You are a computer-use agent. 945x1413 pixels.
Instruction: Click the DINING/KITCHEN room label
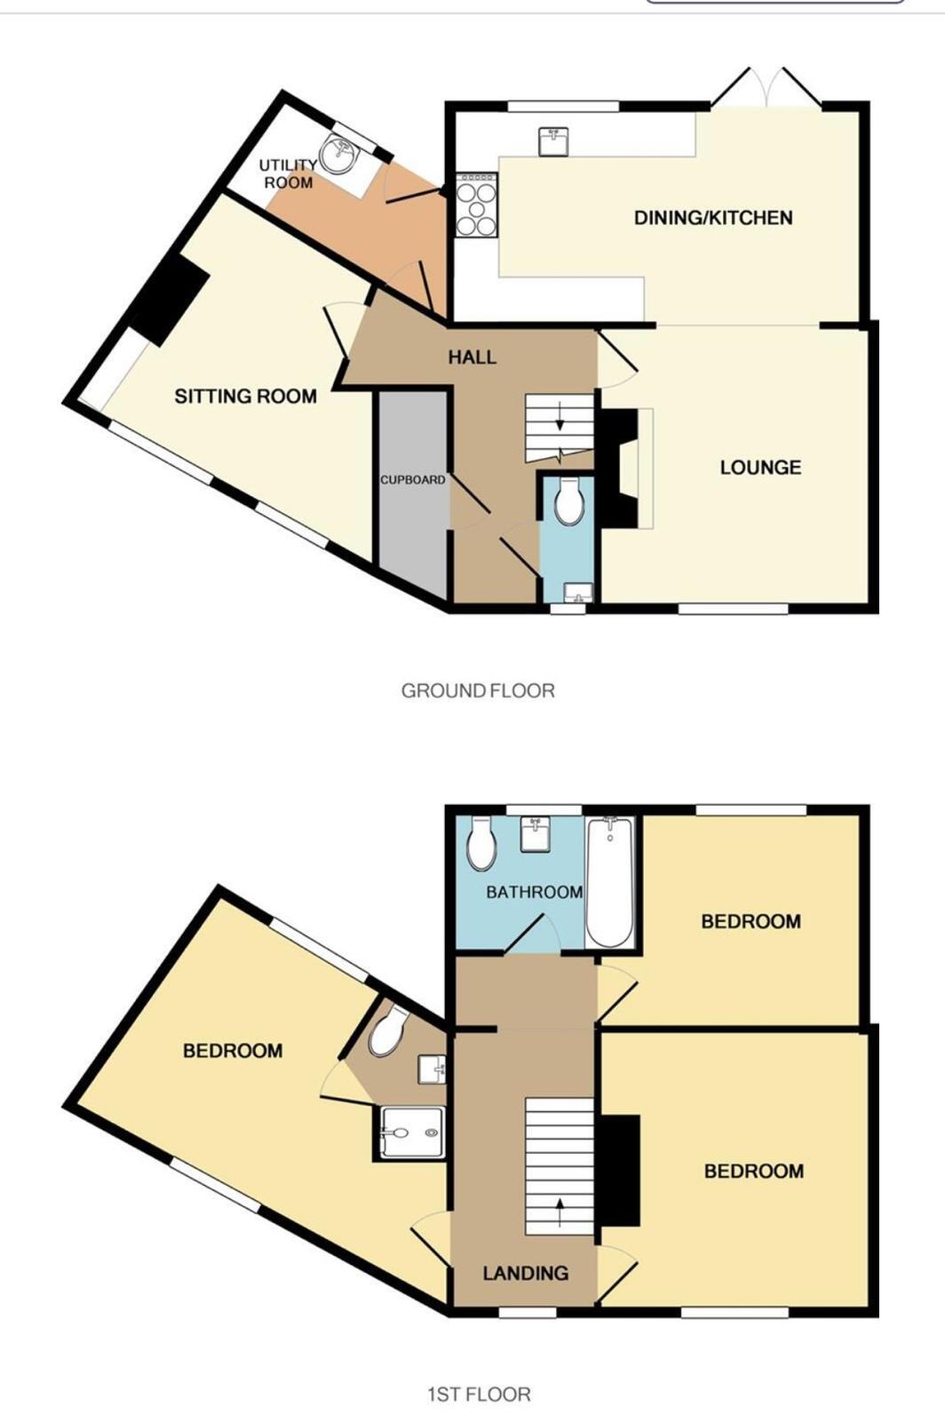pyautogui.click(x=712, y=217)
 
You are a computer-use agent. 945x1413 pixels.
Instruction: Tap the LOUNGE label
pyautogui.click(x=760, y=468)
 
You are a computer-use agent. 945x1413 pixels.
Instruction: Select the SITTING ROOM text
pyautogui.click(x=245, y=396)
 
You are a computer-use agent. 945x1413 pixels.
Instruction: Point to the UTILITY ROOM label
pyautogui.click(x=288, y=174)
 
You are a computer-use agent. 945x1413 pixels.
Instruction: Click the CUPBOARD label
pyautogui.click(x=413, y=480)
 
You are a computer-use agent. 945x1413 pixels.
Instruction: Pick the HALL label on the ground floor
pyautogui.click(x=472, y=357)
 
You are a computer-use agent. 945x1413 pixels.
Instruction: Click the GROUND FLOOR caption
pyautogui.click(x=478, y=691)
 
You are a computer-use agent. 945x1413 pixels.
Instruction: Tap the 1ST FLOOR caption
pyautogui.click(x=479, y=1394)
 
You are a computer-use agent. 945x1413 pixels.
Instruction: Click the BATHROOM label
pyautogui.click(x=534, y=892)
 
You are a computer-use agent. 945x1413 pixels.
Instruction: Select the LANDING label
pyautogui.click(x=525, y=1273)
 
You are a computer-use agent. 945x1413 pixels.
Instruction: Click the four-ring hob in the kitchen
pyautogui.click(x=476, y=205)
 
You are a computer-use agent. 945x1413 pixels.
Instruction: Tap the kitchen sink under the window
pyautogui.click(x=553, y=140)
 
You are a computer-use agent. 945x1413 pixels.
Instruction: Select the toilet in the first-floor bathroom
pyautogui.click(x=480, y=842)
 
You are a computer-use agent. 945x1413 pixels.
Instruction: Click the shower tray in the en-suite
pyautogui.click(x=409, y=1133)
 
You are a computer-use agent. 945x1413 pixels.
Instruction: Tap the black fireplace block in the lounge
pyautogui.click(x=620, y=468)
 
